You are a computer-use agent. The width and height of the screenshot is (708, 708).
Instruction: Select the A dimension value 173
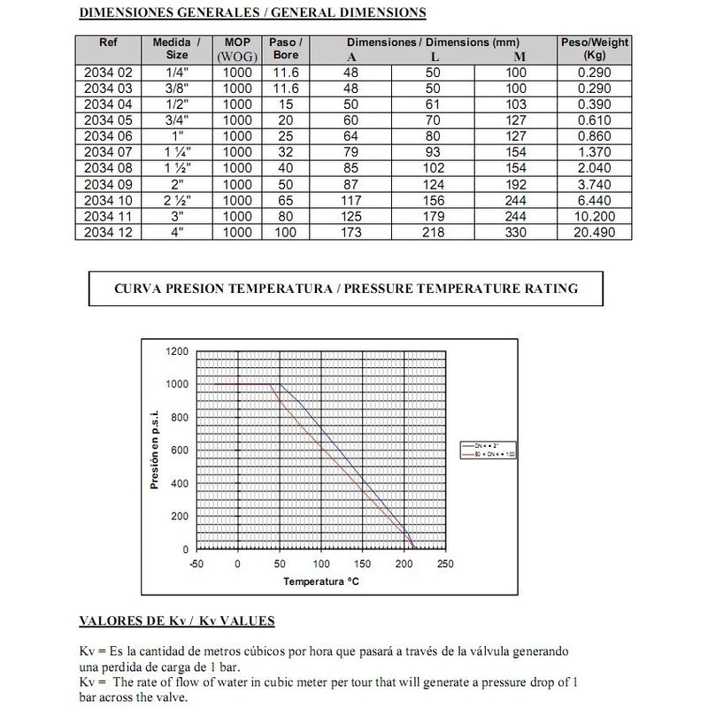[x=350, y=232]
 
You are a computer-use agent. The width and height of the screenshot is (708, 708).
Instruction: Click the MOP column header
[x=237, y=48]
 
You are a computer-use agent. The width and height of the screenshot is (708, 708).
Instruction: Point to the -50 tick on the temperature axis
[x=196, y=564]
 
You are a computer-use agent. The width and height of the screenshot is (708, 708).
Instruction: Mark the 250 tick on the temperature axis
[x=445, y=564]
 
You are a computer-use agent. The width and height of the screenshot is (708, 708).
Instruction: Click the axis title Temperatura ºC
[x=320, y=582]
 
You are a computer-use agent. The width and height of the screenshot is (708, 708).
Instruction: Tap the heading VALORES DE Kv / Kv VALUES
[x=177, y=620]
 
